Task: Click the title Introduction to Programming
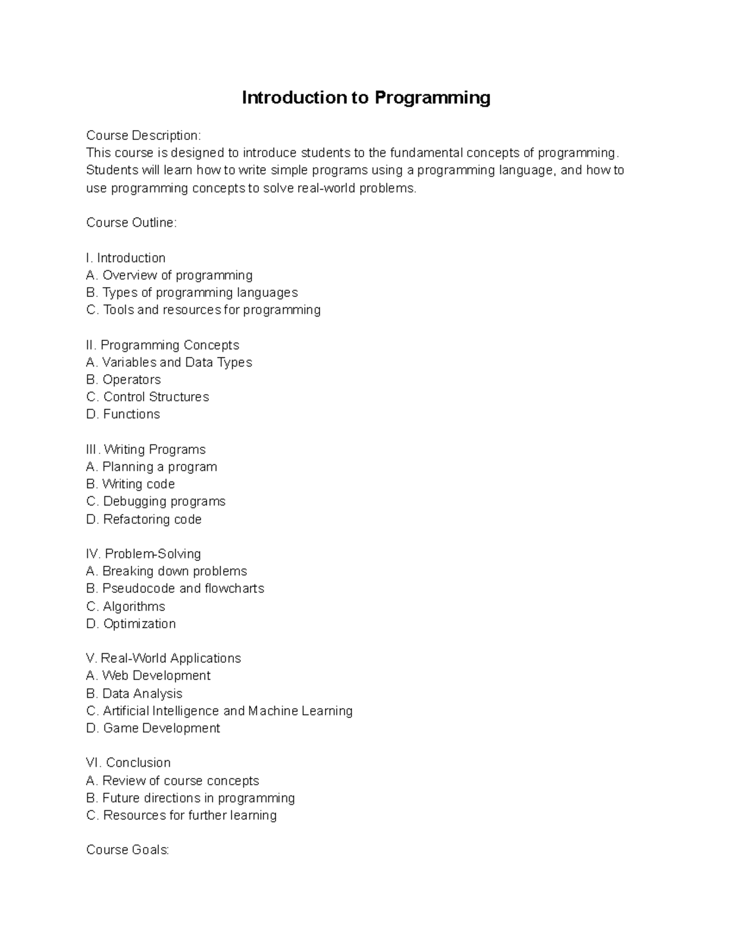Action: (x=366, y=98)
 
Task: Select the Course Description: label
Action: (x=143, y=135)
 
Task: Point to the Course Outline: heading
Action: (x=131, y=222)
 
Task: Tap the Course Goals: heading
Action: (x=128, y=849)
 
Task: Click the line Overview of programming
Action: (x=169, y=275)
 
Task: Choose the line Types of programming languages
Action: (x=192, y=292)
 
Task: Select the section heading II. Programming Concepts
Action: (x=162, y=345)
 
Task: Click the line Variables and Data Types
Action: (x=169, y=362)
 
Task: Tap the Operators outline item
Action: (x=123, y=379)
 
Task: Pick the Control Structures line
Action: (x=148, y=397)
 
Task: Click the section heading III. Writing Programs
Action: (x=146, y=449)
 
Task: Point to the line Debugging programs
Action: (x=156, y=501)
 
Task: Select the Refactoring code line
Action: (x=144, y=519)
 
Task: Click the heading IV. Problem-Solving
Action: (x=144, y=554)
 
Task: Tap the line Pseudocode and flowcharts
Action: (x=175, y=588)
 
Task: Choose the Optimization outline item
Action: (x=131, y=623)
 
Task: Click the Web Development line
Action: (x=148, y=675)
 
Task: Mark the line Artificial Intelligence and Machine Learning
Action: (x=219, y=711)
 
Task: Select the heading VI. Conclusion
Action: (x=128, y=762)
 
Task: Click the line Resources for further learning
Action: (x=181, y=815)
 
